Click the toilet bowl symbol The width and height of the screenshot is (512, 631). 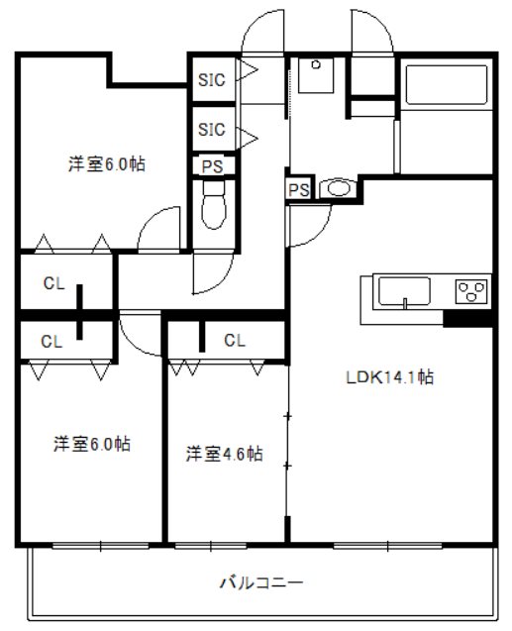(213, 209)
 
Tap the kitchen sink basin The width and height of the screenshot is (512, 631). (404, 292)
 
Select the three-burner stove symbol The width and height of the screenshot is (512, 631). (471, 291)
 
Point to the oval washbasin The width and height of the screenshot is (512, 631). (339, 188)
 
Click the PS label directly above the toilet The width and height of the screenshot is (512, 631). (212, 166)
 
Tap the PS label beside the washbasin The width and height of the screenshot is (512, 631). (298, 189)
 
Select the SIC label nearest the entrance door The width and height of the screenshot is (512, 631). (212, 78)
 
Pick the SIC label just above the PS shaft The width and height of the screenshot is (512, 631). (212, 130)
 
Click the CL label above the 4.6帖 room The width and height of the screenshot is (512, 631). (234, 341)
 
